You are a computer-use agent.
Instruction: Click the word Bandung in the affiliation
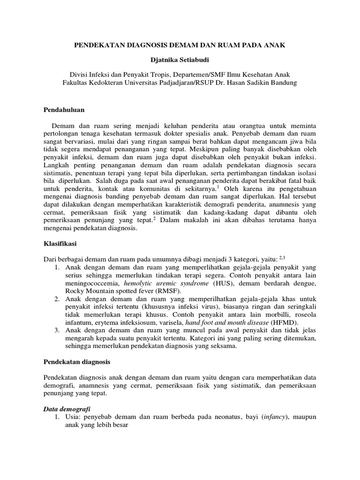click(282, 82)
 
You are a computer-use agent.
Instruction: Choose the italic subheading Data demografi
click(65, 409)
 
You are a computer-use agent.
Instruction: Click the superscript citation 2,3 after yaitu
click(282, 257)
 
